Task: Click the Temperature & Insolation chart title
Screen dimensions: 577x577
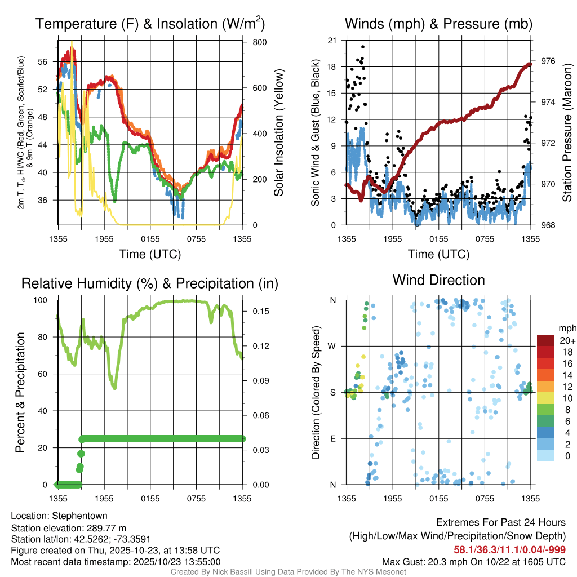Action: pos(150,24)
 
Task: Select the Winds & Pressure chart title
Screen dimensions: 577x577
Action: pos(438,24)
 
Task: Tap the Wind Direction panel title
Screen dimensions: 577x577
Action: pos(438,280)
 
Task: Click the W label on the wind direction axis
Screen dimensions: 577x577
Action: pos(332,346)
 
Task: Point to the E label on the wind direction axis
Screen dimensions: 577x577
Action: pos(332,438)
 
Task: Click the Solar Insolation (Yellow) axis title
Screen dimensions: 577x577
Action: pos(279,132)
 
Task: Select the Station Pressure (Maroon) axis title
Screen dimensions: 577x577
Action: pos(567,132)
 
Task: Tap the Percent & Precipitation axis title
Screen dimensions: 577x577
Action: pos(20,392)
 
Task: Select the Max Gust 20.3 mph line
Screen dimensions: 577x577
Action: pos(474,561)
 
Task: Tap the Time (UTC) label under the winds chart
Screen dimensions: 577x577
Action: pos(438,254)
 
